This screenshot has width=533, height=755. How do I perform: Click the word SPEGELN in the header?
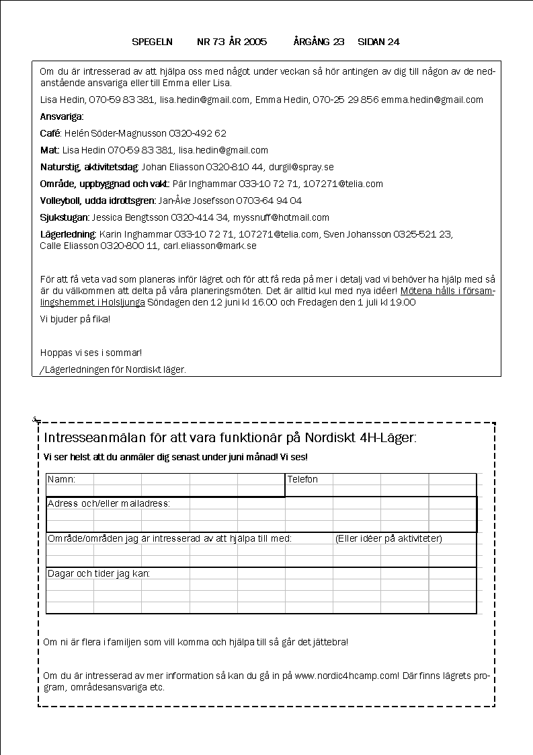point(153,42)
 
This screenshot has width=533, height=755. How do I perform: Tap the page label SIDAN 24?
point(378,42)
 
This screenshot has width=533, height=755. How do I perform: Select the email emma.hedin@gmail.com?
point(432,100)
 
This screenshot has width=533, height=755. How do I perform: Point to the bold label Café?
point(50,133)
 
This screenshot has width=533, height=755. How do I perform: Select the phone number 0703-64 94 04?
point(268,201)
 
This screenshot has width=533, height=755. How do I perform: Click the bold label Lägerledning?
point(68,234)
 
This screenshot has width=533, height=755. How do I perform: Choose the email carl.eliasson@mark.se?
point(210,246)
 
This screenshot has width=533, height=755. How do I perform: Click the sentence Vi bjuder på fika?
point(75,318)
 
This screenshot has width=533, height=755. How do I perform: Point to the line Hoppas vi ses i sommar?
point(91,353)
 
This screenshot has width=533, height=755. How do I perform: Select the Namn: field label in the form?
point(61,479)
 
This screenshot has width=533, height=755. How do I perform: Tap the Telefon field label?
point(302,479)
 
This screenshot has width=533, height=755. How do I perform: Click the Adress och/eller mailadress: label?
point(109,503)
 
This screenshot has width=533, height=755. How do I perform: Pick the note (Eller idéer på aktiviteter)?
point(388,538)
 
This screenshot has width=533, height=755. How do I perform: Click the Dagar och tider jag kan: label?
point(98,573)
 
